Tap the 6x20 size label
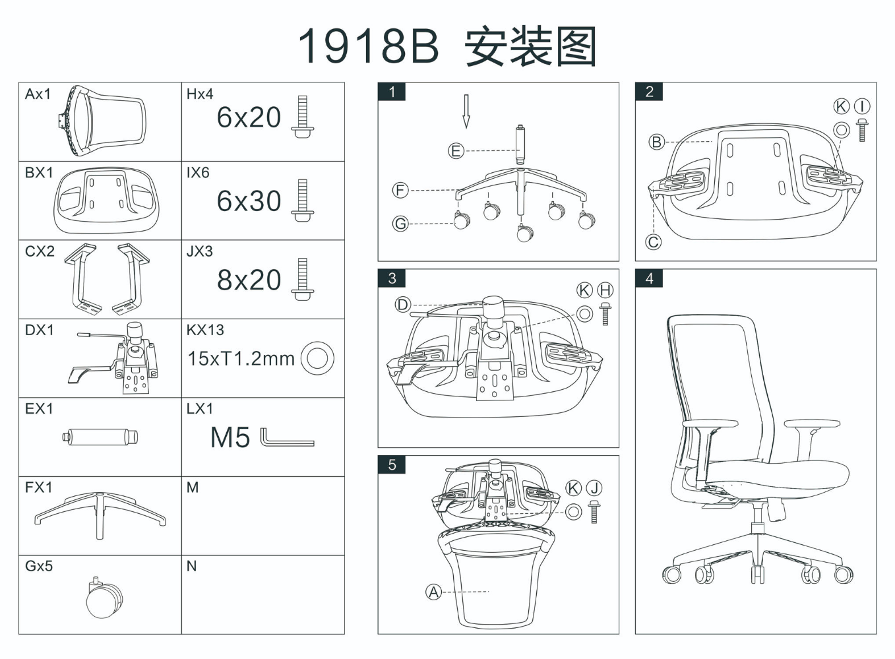pyautogui.click(x=249, y=117)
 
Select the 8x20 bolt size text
pyautogui.click(x=249, y=280)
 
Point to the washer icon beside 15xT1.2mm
pyautogui.click(x=317, y=358)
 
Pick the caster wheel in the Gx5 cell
pyautogui.click(x=104, y=598)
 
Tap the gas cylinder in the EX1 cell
pyautogui.click(x=100, y=437)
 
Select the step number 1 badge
pyautogui.click(x=392, y=92)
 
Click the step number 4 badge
pyautogui.click(x=649, y=278)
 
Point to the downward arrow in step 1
pyautogui.click(x=466, y=111)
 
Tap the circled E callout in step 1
pyautogui.click(x=456, y=151)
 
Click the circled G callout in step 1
pyautogui.click(x=400, y=224)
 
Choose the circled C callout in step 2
pyautogui.click(x=653, y=242)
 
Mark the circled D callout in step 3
pyautogui.click(x=402, y=304)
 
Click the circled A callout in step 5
pyautogui.click(x=433, y=592)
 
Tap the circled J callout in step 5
pyautogui.click(x=594, y=487)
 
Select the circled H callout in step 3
pyautogui.click(x=605, y=290)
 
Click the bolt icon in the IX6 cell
pyautogui.click(x=303, y=200)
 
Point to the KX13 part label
pyautogui.click(x=205, y=330)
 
